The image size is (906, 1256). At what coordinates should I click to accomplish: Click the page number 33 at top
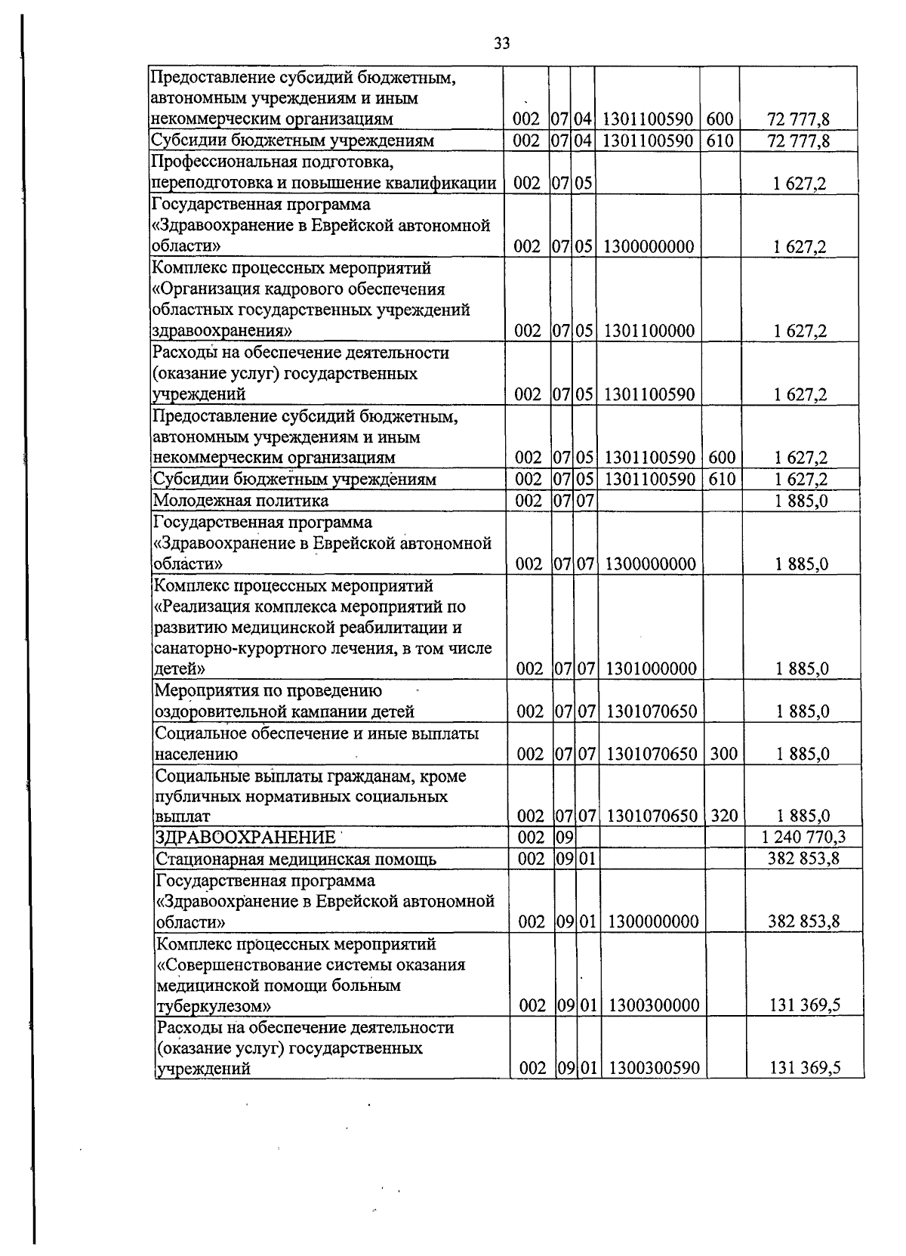point(501,44)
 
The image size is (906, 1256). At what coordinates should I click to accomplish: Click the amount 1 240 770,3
point(803,837)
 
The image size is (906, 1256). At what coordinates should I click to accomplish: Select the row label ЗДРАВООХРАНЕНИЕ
point(245,838)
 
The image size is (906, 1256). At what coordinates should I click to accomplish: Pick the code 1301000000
point(651,668)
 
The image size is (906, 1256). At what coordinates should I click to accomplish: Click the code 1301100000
point(649,331)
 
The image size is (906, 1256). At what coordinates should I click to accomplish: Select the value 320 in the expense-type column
point(724,815)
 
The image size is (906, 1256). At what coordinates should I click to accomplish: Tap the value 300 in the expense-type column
point(724,753)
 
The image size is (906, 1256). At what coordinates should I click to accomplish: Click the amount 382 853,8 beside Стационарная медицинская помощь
point(803,859)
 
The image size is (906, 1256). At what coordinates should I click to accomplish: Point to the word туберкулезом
point(213,1006)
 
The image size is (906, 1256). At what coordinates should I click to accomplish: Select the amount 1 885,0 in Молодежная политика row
point(802,501)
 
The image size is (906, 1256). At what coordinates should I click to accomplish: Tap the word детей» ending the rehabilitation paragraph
point(179,669)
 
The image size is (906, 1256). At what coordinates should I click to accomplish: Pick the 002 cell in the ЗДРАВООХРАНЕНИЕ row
point(531,837)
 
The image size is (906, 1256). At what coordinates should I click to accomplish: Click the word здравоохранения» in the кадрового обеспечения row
point(221,332)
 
